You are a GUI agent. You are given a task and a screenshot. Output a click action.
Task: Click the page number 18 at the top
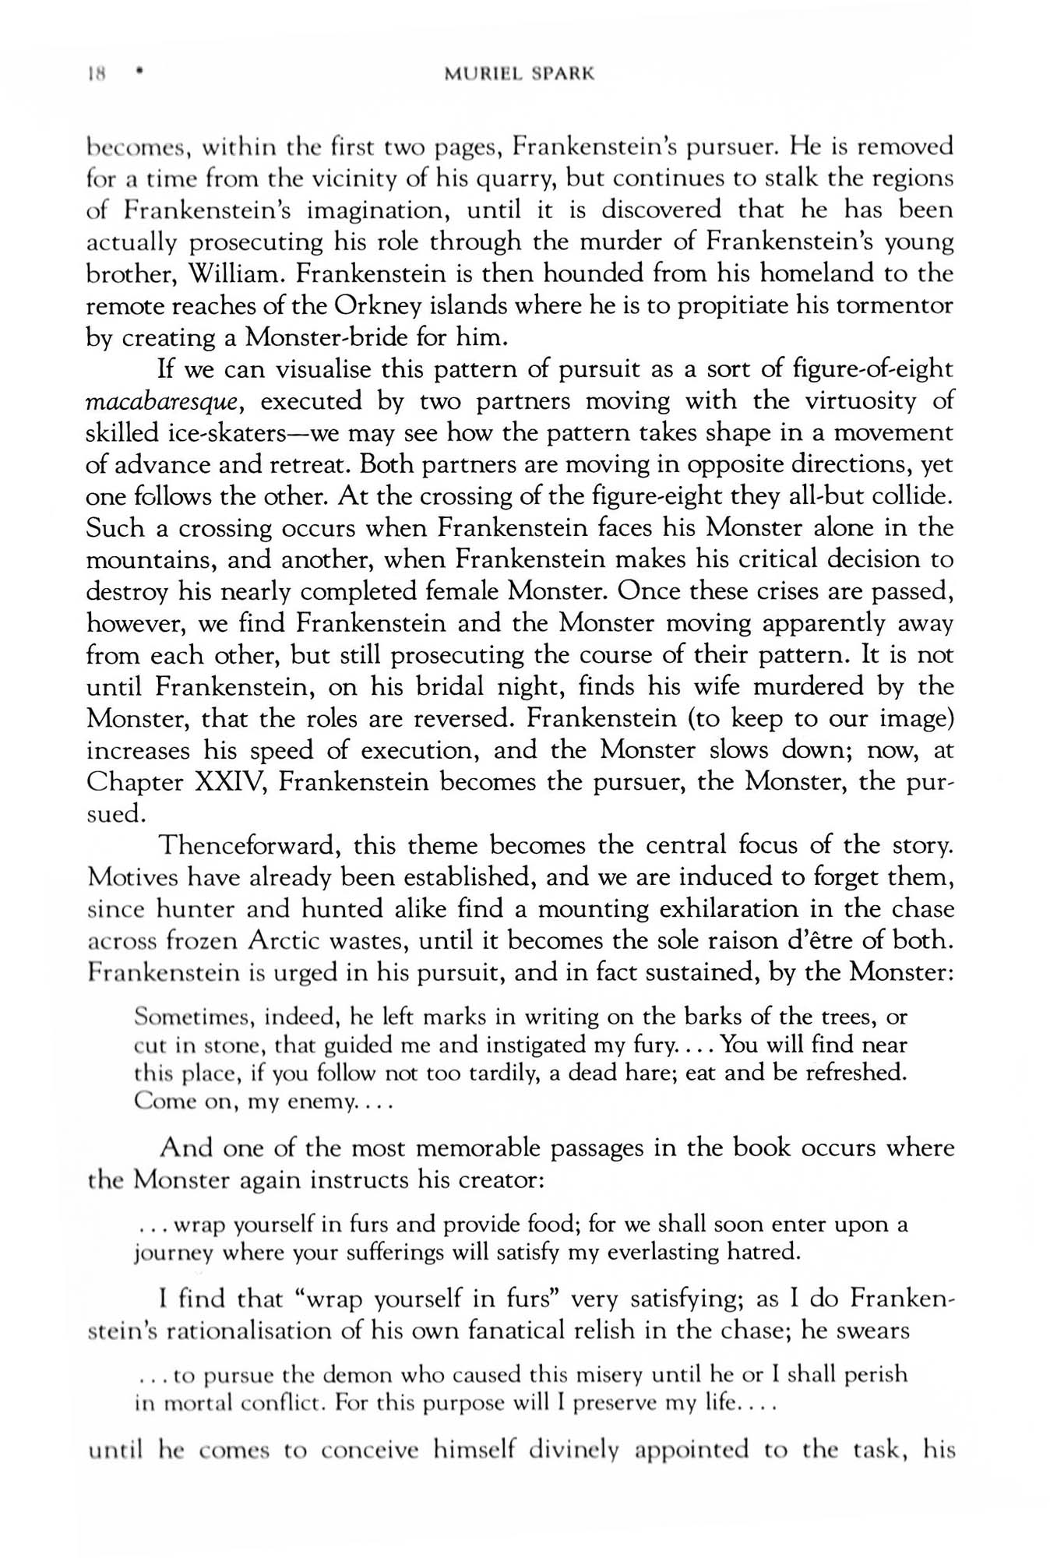[x=96, y=75]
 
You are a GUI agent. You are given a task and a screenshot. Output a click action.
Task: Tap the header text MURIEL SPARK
[x=520, y=75]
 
